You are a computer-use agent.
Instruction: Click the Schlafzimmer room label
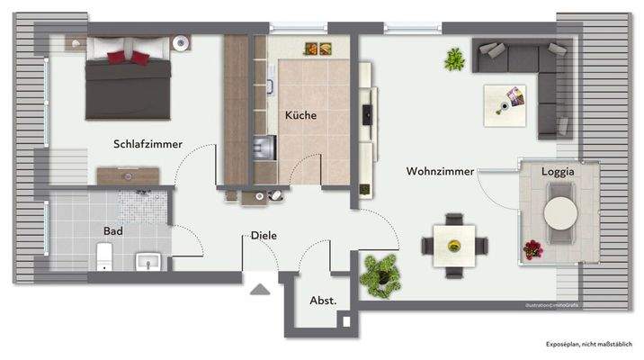148,144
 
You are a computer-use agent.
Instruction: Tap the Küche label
301,115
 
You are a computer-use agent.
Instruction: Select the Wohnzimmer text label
440,170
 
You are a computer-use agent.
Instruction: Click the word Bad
112,230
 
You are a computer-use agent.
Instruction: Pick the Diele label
264,235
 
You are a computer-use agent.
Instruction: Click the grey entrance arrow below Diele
260,290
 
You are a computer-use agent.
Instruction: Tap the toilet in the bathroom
104,256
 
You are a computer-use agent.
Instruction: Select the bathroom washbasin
148,262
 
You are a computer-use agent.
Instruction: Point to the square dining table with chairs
455,242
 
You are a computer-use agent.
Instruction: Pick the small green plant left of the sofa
452,59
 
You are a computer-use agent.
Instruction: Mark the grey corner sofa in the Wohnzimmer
531,72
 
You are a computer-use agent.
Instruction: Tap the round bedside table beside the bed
183,42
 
